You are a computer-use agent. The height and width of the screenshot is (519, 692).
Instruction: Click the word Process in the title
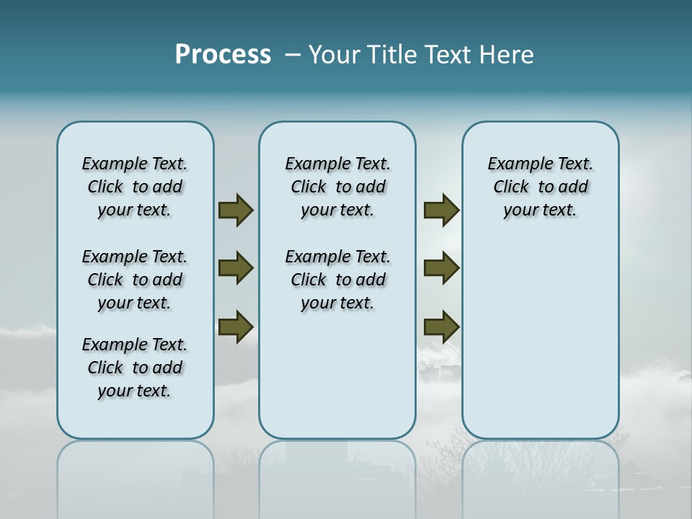[x=223, y=55]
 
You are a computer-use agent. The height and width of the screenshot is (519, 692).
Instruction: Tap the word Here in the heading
[x=507, y=55]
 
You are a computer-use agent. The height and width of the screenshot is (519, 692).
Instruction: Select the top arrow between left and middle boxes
[x=236, y=210]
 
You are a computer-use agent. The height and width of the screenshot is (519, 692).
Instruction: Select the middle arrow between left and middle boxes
[x=236, y=268]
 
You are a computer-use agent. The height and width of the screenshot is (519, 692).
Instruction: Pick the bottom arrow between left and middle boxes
[x=236, y=327]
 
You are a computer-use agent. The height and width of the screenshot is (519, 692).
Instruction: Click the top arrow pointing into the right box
[x=441, y=210]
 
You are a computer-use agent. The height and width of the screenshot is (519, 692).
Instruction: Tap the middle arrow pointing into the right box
[x=441, y=268]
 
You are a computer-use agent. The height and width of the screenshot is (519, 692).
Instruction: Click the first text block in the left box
[x=135, y=187]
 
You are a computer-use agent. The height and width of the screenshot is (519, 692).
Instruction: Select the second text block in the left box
[x=135, y=280]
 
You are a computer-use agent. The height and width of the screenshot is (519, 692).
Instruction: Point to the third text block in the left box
[x=135, y=368]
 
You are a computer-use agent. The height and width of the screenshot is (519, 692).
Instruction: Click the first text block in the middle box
[x=337, y=187]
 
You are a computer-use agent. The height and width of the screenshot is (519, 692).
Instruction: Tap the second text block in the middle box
[x=337, y=280]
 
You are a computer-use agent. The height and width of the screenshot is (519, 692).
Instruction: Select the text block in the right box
[x=541, y=187]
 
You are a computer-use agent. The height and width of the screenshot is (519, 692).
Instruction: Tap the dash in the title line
[x=293, y=55]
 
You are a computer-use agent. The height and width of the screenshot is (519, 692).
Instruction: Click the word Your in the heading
[x=335, y=55]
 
